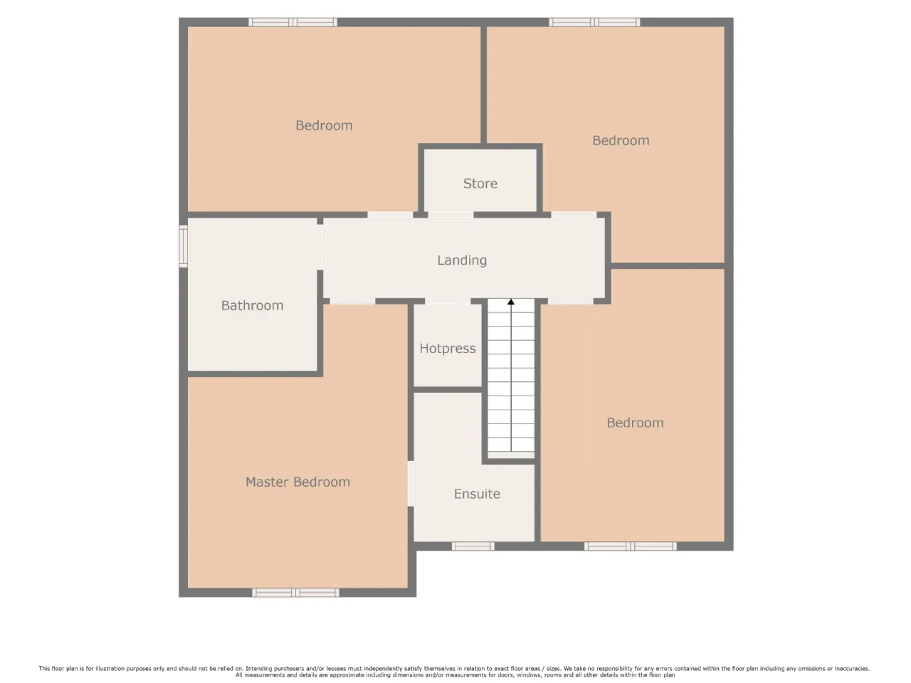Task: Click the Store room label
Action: [480, 184]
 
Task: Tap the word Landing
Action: [461, 260]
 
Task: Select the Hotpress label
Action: [448, 349]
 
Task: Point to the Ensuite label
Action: [477, 494]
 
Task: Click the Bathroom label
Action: [252, 306]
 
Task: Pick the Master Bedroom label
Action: [297, 482]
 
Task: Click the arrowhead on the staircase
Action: [511, 302]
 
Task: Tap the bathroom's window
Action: [183, 246]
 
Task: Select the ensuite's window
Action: [473, 546]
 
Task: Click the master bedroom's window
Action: [295, 593]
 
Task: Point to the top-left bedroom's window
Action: [293, 22]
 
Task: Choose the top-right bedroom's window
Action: [594, 22]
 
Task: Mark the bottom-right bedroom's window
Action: [631, 546]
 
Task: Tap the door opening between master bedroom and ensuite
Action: [411, 484]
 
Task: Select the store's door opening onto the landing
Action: [451, 214]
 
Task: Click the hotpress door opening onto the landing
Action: [448, 301]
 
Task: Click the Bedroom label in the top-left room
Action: [324, 126]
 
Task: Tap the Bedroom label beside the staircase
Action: [635, 423]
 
